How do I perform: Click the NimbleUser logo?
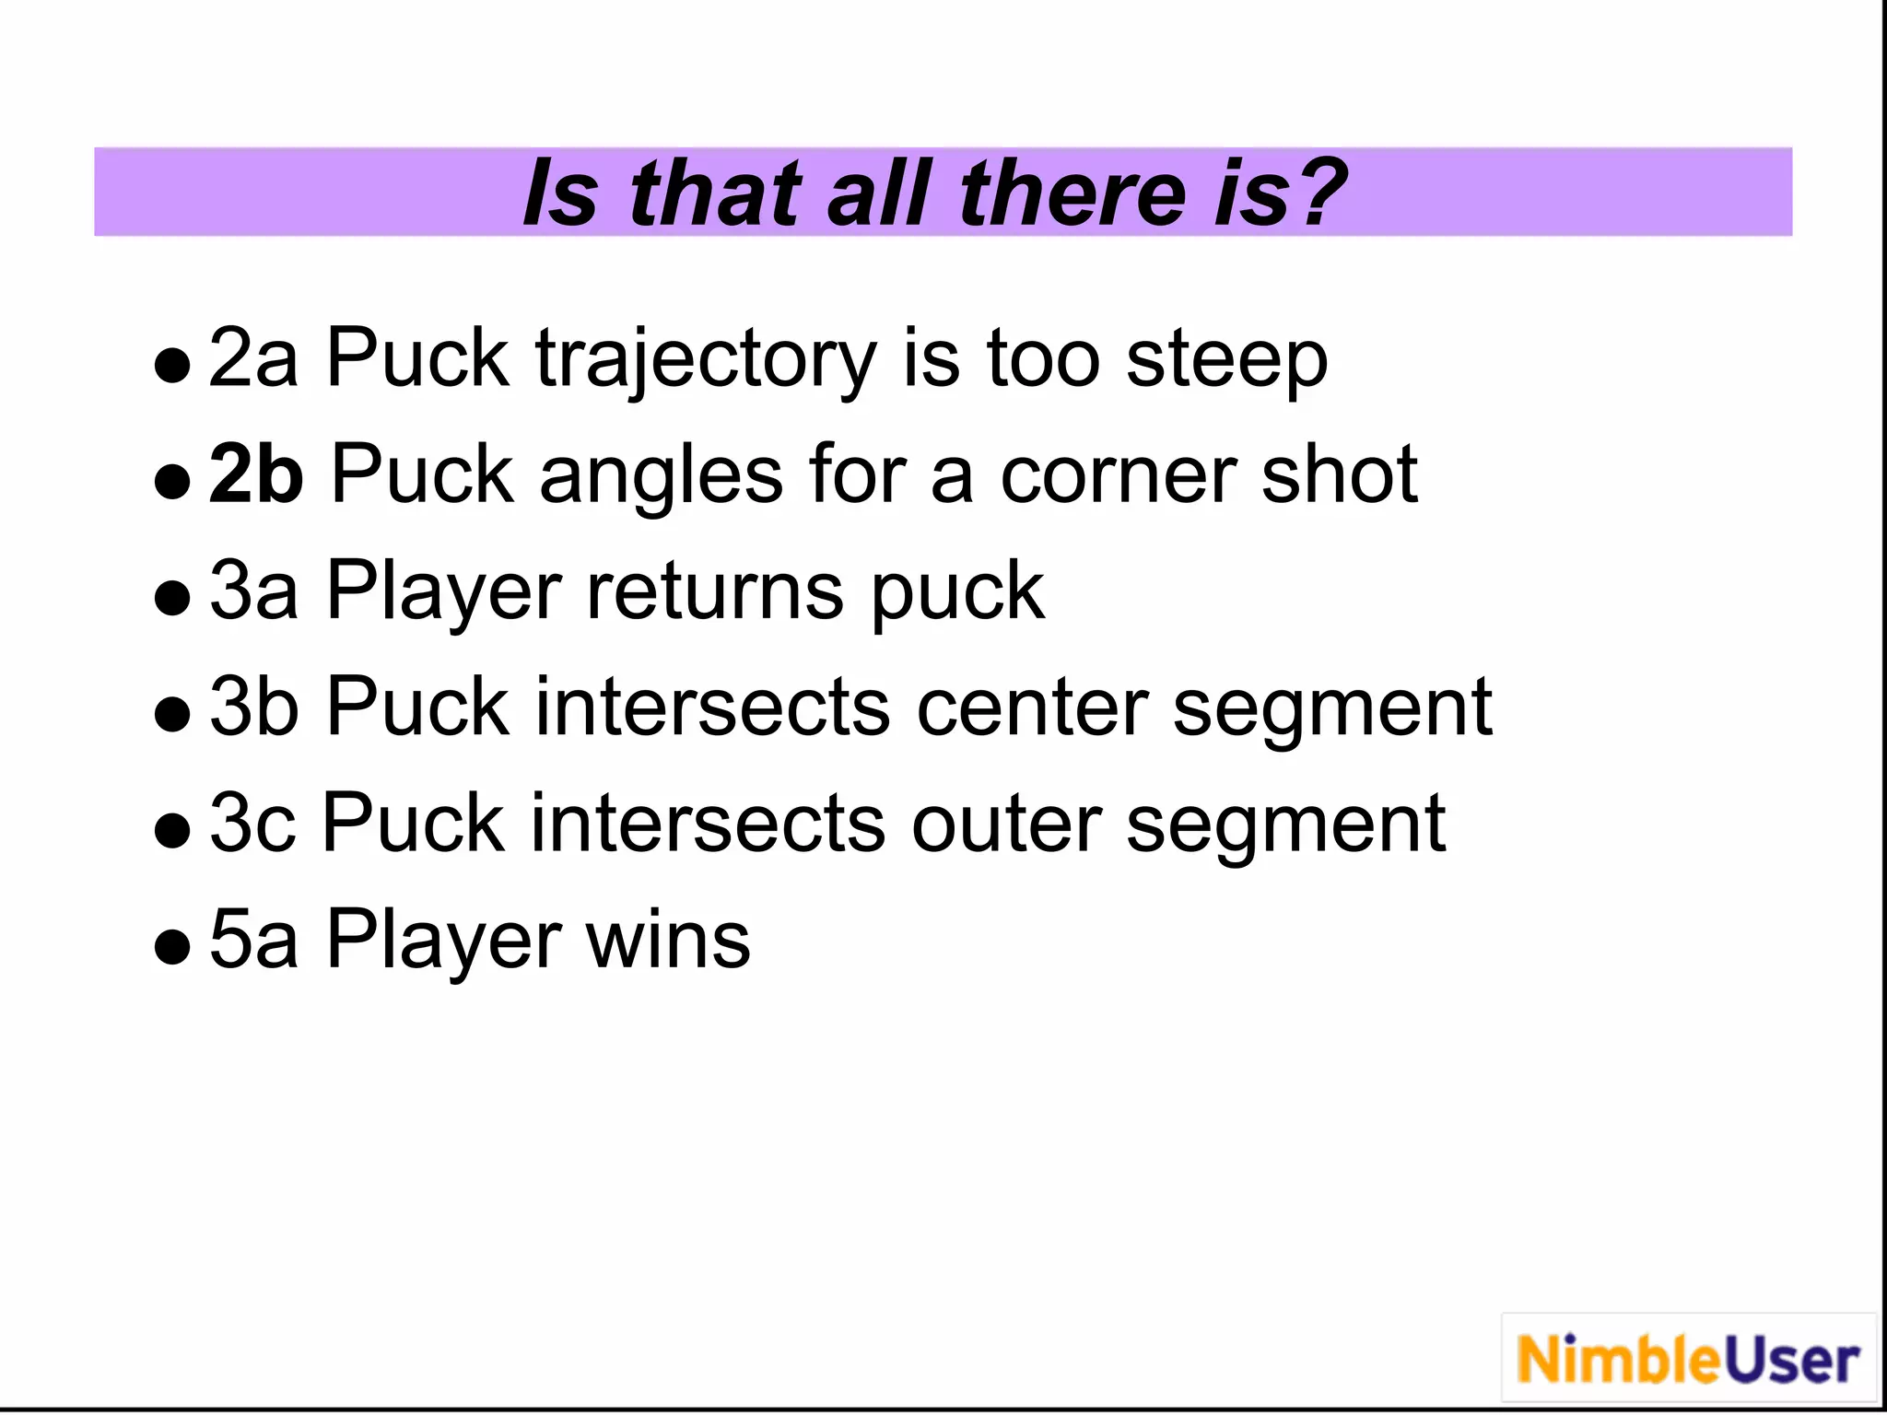pyautogui.click(x=1688, y=1360)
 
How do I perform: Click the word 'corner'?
pyautogui.click(x=1118, y=476)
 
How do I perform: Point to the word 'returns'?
pyautogui.click(x=715, y=592)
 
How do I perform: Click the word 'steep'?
pyautogui.click(x=1226, y=361)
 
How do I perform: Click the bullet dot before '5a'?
pyautogui.click(x=172, y=945)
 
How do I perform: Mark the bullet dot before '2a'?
pyautogui.click(x=172, y=365)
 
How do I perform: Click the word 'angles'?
pyautogui.click(x=661, y=476)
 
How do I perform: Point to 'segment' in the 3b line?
pyautogui.click(x=1331, y=710)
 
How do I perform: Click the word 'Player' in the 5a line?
pyautogui.click(x=443, y=941)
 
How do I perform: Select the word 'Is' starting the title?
pyautogui.click(x=559, y=193)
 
